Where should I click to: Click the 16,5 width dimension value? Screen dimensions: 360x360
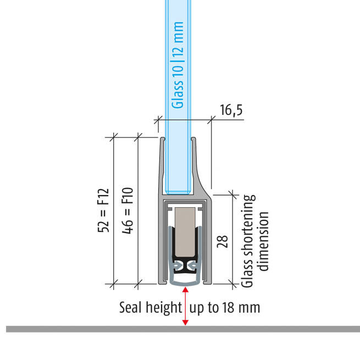(x=231, y=110)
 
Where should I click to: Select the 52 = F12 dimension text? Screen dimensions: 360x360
(x=103, y=211)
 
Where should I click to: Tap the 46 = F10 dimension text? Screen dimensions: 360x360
(x=128, y=211)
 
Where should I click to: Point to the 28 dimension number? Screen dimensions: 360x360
(x=222, y=241)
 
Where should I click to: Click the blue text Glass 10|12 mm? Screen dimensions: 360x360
(x=178, y=65)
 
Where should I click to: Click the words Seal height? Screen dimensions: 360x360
(x=151, y=308)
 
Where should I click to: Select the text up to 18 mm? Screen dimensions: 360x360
(x=225, y=308)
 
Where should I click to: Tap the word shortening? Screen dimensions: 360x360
(x=248, y=228)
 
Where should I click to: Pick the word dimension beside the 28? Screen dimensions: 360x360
(x=262, y=241)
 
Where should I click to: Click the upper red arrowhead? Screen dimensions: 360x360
(x=186, y=290)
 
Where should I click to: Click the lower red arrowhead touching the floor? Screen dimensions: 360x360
(x=186, y=322)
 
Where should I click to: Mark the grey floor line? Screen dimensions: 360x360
(x=183, y=329)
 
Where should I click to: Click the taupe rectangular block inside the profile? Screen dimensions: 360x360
(x=185, y=232)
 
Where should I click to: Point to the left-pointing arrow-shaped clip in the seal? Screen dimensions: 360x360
(x=192, y=265)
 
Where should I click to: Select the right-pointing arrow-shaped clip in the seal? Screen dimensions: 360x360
(x=178, y=265)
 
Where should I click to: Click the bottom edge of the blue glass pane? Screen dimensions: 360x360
(x=178, y=193)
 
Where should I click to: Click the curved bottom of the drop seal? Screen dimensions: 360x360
(x=185, y=284)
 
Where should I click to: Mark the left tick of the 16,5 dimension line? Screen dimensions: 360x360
(x=158, y=120)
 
